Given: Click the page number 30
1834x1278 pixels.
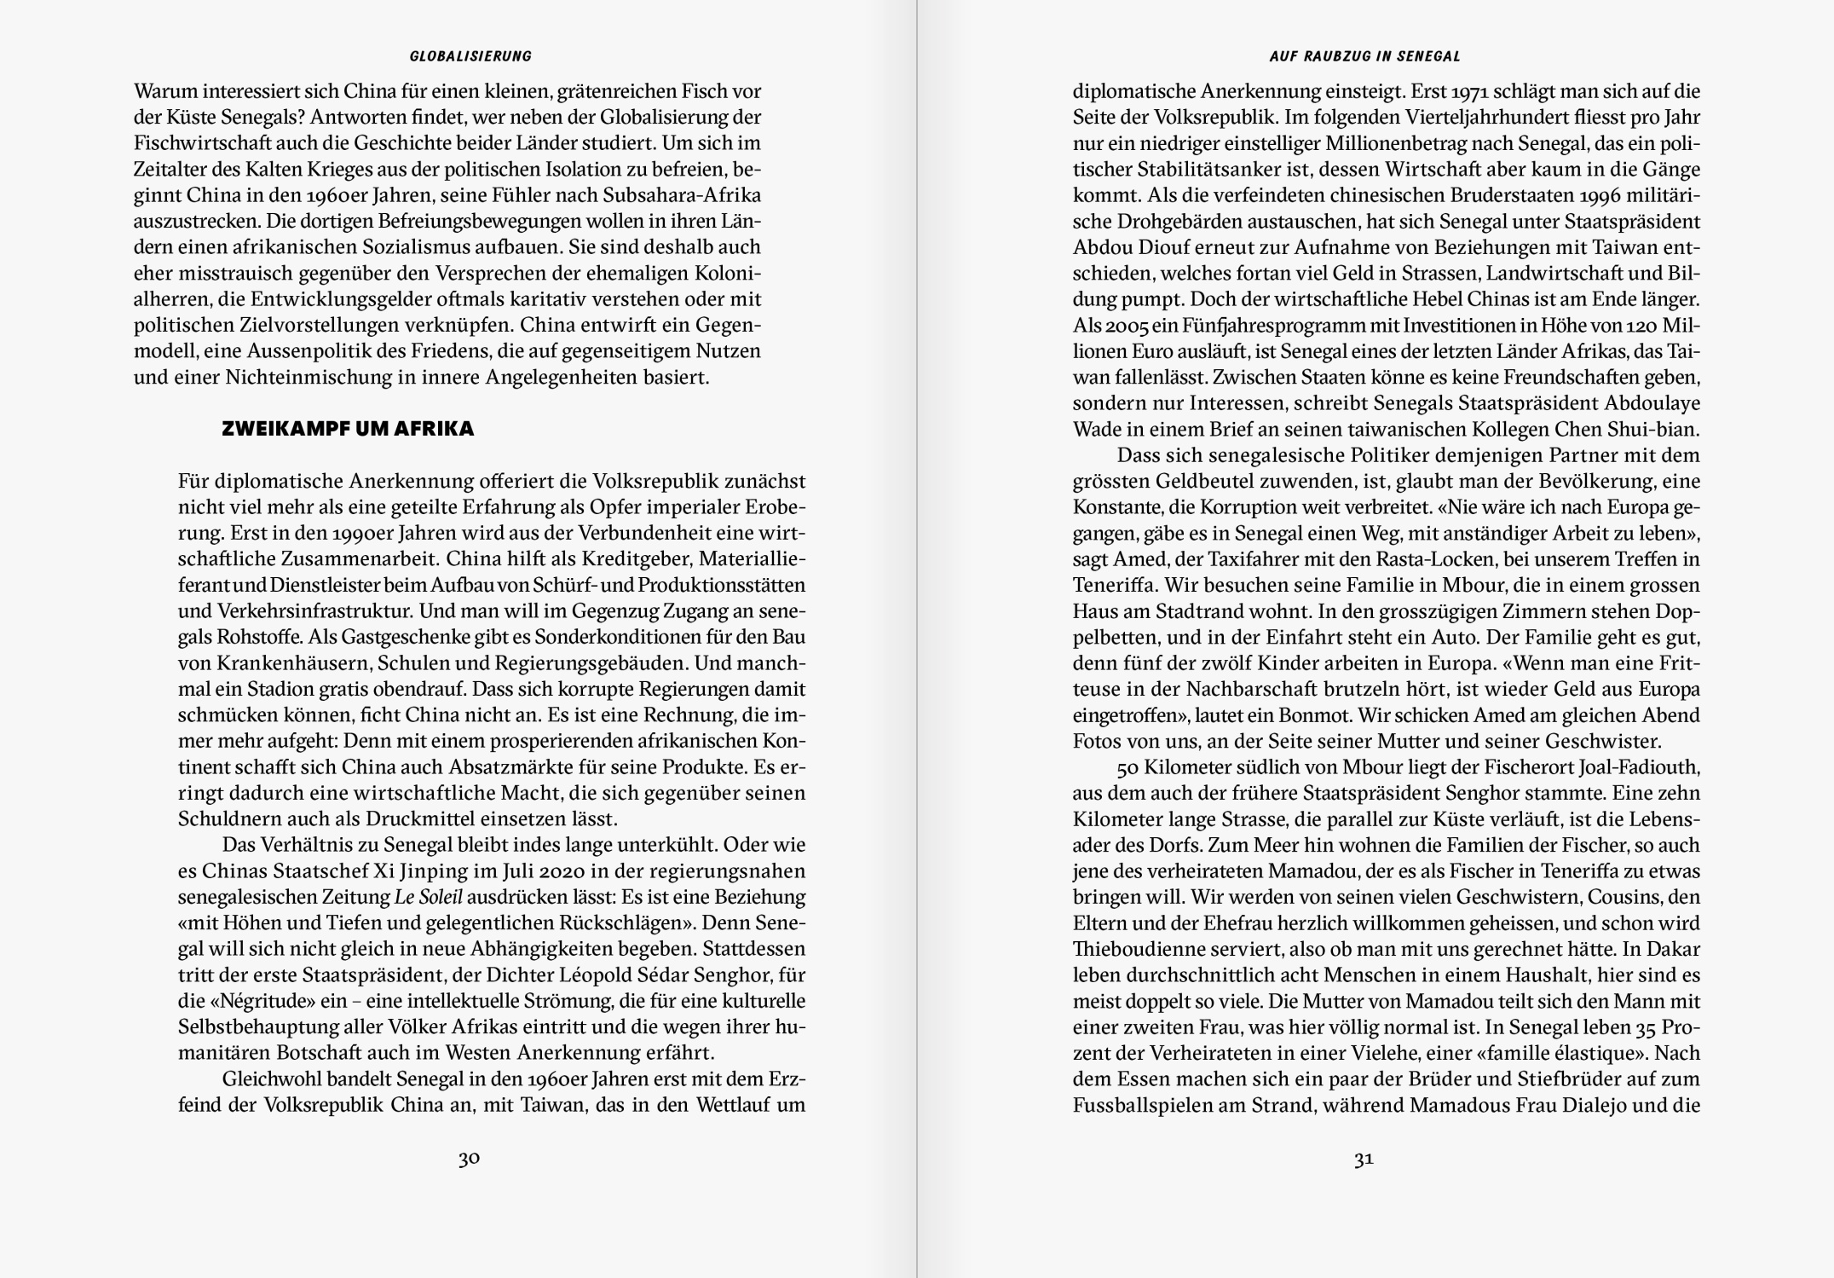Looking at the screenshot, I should coord(469,1159).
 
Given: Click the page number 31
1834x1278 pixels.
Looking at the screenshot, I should coord(1364,1159).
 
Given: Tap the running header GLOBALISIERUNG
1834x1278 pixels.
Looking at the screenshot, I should coord(470,56).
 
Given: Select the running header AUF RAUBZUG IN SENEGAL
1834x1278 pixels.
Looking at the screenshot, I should coord(1364,56).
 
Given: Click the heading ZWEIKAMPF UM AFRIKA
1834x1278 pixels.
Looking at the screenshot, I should coord(348,429).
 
